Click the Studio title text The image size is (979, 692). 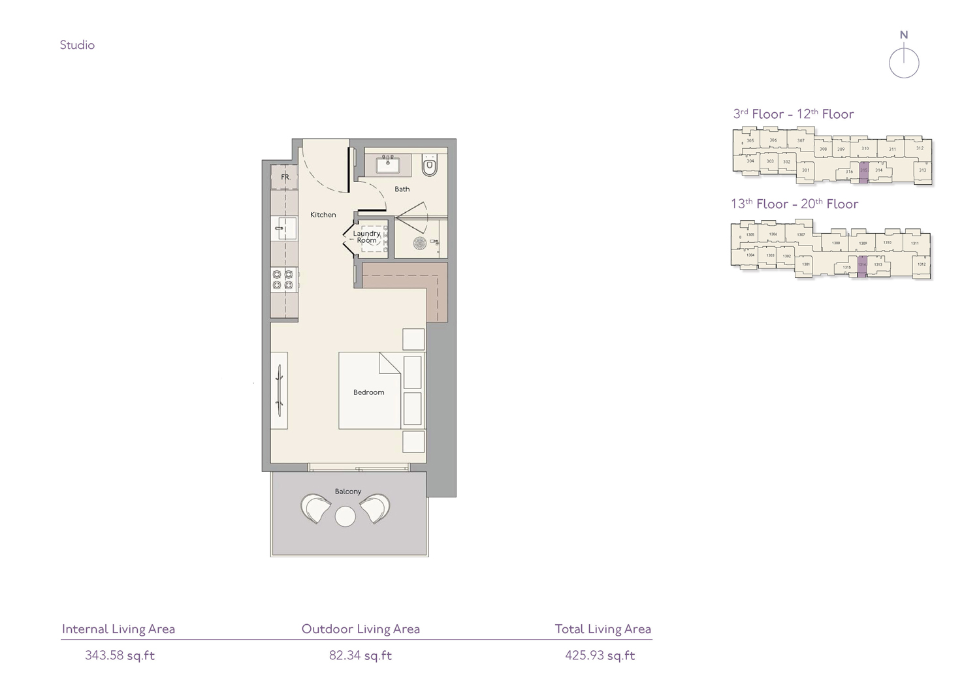77,45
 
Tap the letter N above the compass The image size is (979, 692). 904,35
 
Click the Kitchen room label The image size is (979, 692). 323,215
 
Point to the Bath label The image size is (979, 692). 402,189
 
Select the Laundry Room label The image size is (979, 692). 366,236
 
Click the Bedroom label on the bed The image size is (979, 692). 369,392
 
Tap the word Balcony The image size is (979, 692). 348,492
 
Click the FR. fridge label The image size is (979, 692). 285,177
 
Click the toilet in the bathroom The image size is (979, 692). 429,166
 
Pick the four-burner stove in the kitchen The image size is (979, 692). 283,280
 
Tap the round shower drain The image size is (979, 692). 420,244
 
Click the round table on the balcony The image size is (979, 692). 345,517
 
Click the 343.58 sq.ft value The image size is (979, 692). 120,655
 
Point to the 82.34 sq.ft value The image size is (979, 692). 361,655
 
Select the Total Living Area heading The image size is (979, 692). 603,629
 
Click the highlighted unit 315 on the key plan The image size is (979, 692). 863,171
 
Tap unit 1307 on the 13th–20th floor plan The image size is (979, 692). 801,234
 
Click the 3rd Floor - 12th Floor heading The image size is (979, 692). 794,114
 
